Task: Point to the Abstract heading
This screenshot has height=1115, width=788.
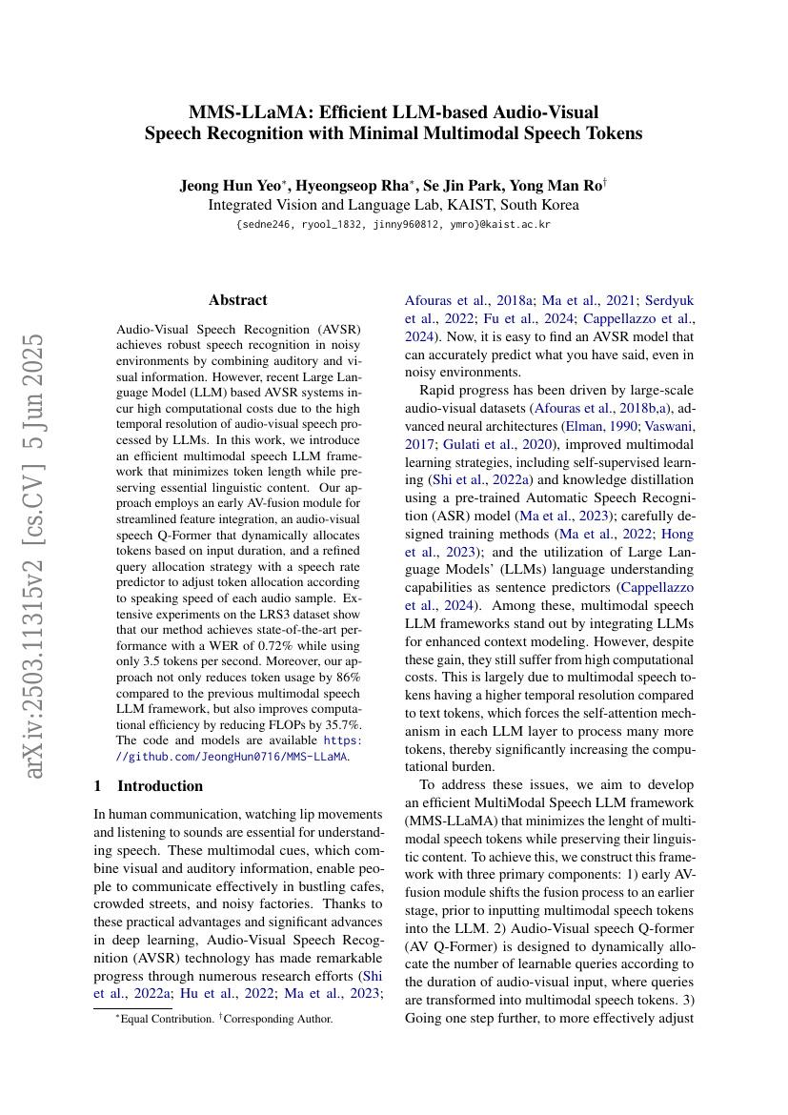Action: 238,299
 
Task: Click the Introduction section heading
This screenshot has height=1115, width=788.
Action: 160,786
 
